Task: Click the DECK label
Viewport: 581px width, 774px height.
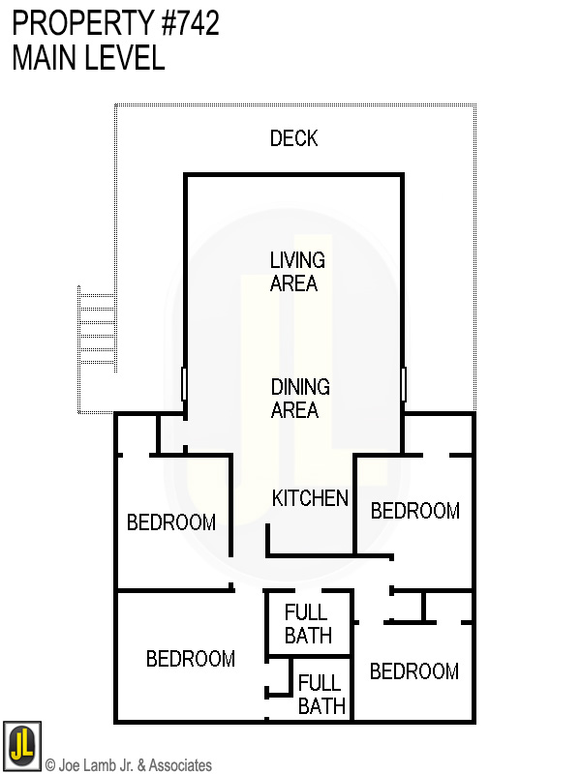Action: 293,139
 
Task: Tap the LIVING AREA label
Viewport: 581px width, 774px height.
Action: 296,272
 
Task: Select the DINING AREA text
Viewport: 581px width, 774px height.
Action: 300,399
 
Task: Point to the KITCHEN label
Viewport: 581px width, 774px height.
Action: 310,499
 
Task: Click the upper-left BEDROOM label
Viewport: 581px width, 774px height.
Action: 171,523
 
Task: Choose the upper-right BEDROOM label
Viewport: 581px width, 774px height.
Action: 414,511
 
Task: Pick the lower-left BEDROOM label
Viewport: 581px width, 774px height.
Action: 191,659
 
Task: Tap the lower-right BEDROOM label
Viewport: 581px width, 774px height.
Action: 414,671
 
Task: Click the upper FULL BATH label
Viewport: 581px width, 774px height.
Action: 307,624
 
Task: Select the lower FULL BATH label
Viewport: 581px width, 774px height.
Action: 321,695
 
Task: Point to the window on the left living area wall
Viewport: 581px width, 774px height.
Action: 184,384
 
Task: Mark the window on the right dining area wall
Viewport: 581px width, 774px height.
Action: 403,384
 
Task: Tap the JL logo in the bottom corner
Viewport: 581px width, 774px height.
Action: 22,744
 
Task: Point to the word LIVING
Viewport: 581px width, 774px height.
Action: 297,260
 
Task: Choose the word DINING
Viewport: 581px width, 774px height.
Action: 300,387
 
